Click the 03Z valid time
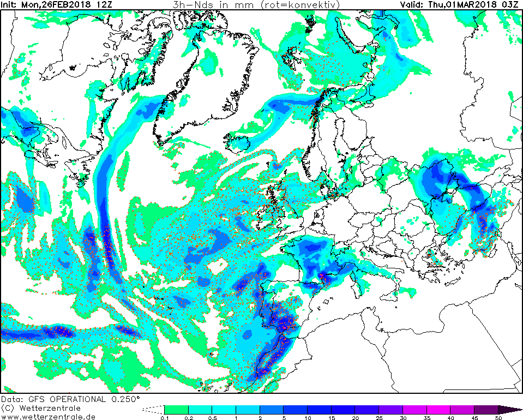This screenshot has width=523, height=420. point(513,4)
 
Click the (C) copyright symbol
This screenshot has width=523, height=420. point(7,409)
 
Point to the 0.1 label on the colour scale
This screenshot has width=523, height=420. point(164,418)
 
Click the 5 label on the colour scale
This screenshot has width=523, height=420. point(284,418)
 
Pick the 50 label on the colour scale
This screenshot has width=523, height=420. point(498,418)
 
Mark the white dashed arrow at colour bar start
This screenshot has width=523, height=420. point(153,410)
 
